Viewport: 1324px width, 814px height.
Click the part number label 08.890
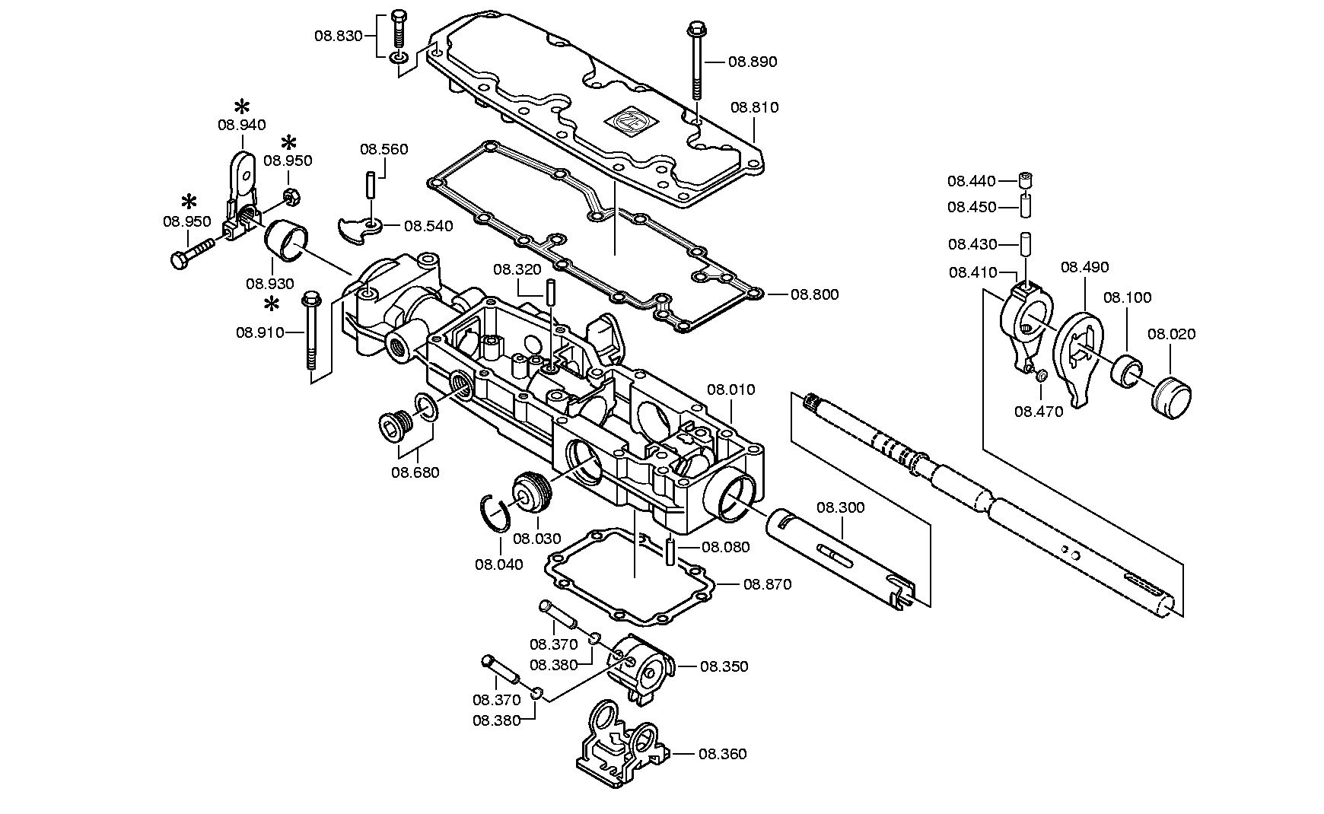point(753,62)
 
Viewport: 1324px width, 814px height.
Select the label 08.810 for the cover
point(755,107)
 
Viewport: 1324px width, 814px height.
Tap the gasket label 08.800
point(814,294)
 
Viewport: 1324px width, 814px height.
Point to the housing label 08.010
point(731,390)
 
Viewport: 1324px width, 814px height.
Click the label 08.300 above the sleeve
point(841,507)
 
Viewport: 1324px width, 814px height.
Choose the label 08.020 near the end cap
point(1172,333)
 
